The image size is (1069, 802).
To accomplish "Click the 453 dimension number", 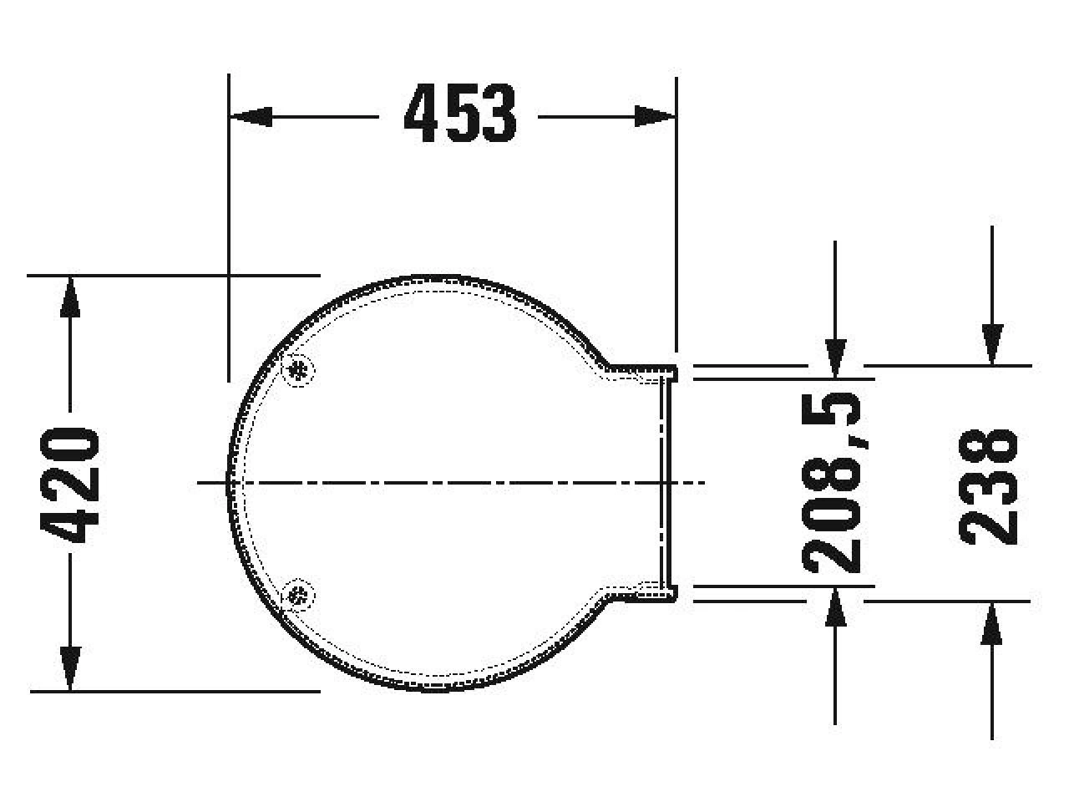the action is pyautogui.click(x=459, y=113).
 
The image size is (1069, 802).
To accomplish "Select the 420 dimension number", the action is pyautogui.click(x=69, y=485).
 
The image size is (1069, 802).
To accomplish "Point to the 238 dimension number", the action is pyautogui.click(x=988, y=486).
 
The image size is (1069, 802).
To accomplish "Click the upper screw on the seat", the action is pyautogui.click(x=298, y=371).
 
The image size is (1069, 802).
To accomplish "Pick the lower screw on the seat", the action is pyautogui.click(x=298, y=595).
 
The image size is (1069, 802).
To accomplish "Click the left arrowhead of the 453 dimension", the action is pyautogui.click(x=251, y=117).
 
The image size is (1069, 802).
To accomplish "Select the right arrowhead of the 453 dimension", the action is pyautogui.click(x=656, y=117).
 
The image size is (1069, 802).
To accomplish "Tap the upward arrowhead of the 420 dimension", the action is pyautogui.click(x=70, y=297).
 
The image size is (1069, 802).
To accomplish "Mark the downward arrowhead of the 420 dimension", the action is pyautogui.click(x=70, y=668).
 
